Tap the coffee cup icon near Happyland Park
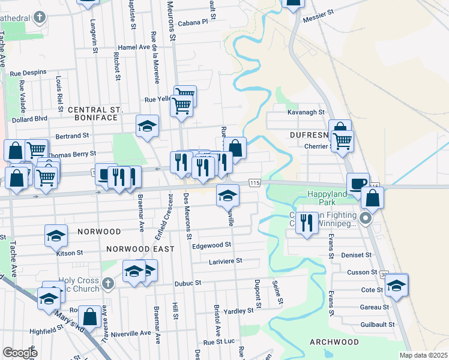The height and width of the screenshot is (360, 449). click(358, 183)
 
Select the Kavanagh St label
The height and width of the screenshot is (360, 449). click(306, 112)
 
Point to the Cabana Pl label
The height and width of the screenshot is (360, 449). click(192, 21)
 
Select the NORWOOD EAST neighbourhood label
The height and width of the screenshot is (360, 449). click(140, 248)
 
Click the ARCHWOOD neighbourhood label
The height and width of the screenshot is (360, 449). click(334, 342)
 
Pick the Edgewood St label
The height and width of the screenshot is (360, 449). click(211, 245)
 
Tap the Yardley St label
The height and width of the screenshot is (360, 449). click(238, 311)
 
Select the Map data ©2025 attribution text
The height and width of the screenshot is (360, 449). click(423, 355)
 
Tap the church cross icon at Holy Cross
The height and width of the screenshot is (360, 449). click(108, 283)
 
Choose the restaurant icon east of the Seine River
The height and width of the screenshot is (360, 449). click(307, 222)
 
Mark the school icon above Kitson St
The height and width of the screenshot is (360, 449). click(56, 235)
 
